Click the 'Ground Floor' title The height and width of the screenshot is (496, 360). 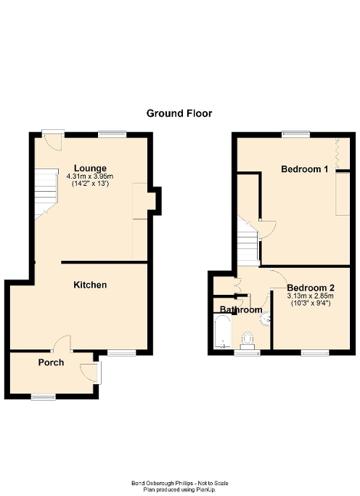click(179, 113)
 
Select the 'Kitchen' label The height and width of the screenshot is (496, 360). click(91, 285)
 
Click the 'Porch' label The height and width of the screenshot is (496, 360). click(52, 362)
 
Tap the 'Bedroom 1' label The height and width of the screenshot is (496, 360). click(305, 169)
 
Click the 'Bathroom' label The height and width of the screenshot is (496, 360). click(241, 310)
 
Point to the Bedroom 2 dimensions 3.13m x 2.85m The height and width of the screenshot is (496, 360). click(309, 296)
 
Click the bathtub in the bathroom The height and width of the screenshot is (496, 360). click(221, 334)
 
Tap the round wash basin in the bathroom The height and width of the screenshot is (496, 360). click(266, 317)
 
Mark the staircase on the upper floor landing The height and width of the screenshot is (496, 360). click(247, 244)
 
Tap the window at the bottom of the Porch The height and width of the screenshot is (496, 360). click(43, 396)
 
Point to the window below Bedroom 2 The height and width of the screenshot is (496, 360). click(314, 353)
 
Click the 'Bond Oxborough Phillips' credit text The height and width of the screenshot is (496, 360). click(179, 483)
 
